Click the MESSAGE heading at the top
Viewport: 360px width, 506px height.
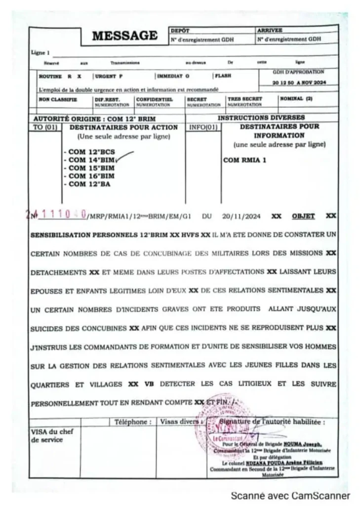tap(125, 36)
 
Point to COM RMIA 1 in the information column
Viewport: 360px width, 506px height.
tap(245, 160)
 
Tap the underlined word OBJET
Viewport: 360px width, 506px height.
tap(303, 216)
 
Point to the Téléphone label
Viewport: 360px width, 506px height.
tap(133, 422)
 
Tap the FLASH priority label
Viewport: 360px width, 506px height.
tap(223, 76)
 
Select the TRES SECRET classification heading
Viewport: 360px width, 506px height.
tap(244, 99)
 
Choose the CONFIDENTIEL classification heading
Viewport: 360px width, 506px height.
tap(154, 99)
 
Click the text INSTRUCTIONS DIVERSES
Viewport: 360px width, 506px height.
tap(261, 118)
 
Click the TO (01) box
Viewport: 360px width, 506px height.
tap(45, 127)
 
